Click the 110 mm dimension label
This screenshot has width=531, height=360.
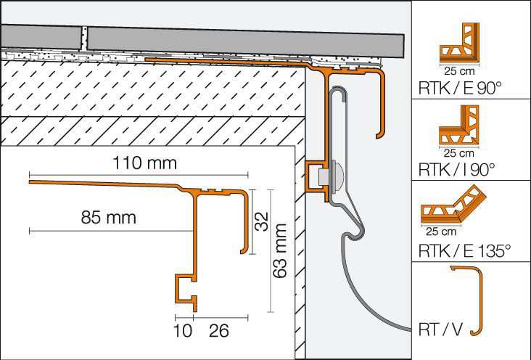point(144,163)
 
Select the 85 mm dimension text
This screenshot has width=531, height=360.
point(108,217)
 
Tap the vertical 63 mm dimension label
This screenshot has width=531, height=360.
point(280,251)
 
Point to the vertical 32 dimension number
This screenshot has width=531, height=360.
point(261,221)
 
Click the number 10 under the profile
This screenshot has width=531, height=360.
point(183,331)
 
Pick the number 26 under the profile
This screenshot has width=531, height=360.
point(219,331)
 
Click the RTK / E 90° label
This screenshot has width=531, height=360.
point(459,88)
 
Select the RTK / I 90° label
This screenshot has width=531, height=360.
point(456,169)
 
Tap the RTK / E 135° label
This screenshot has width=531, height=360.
point(464,251)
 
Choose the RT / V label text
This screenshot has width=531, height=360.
point(440,330)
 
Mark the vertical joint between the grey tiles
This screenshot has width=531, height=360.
point(84,38)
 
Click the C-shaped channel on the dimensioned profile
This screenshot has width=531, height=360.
point(185,288)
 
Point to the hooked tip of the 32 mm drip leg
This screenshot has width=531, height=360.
point(242,251)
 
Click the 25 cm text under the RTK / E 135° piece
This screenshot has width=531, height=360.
point(441,232)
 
